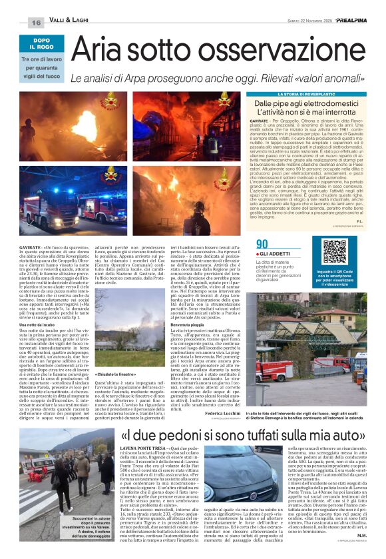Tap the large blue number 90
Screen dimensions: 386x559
point(262,245)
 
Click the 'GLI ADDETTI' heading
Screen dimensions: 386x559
point(274,255)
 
